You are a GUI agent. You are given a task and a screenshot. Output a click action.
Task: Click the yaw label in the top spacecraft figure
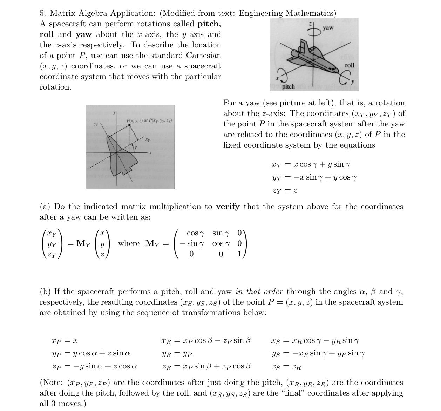328,28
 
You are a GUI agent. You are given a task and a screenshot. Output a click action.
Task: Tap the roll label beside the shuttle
350,65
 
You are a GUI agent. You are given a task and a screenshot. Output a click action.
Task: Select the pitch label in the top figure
288,86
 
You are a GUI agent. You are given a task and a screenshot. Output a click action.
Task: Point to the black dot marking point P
129,125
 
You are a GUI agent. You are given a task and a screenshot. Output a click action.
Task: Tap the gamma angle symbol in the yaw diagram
136,148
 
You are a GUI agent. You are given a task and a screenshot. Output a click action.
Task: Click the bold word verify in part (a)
228,207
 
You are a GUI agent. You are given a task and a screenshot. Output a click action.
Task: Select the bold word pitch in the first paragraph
209,24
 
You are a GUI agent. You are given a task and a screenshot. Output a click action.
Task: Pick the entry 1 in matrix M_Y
239,254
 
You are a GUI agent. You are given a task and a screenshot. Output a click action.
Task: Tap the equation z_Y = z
285,191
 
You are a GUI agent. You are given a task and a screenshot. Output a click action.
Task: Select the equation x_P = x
65,341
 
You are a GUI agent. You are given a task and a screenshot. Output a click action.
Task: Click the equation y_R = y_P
177,354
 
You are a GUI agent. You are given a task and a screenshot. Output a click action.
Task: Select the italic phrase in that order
260,292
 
